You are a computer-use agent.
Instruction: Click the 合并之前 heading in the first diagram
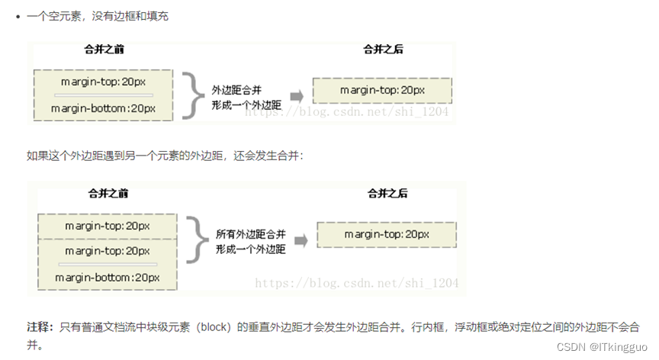pos(104,50)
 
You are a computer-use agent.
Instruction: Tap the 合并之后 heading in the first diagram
pos(383,50)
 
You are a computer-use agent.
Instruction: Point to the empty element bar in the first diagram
pos(103,95)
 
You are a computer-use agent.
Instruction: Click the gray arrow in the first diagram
pos(297,96)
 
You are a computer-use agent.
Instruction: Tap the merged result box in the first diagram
pos(382,90)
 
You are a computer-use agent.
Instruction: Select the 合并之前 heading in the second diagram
pos(108,193)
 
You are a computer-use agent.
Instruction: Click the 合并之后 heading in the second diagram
pos(387,193)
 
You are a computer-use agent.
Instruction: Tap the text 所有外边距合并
pos(250,233)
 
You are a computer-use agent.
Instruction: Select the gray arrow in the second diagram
pos(301,241)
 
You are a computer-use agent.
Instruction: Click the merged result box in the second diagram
pos(386,234)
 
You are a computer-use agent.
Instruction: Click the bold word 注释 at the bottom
pos(39,326)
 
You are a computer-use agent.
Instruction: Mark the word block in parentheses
pos(216,326)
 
